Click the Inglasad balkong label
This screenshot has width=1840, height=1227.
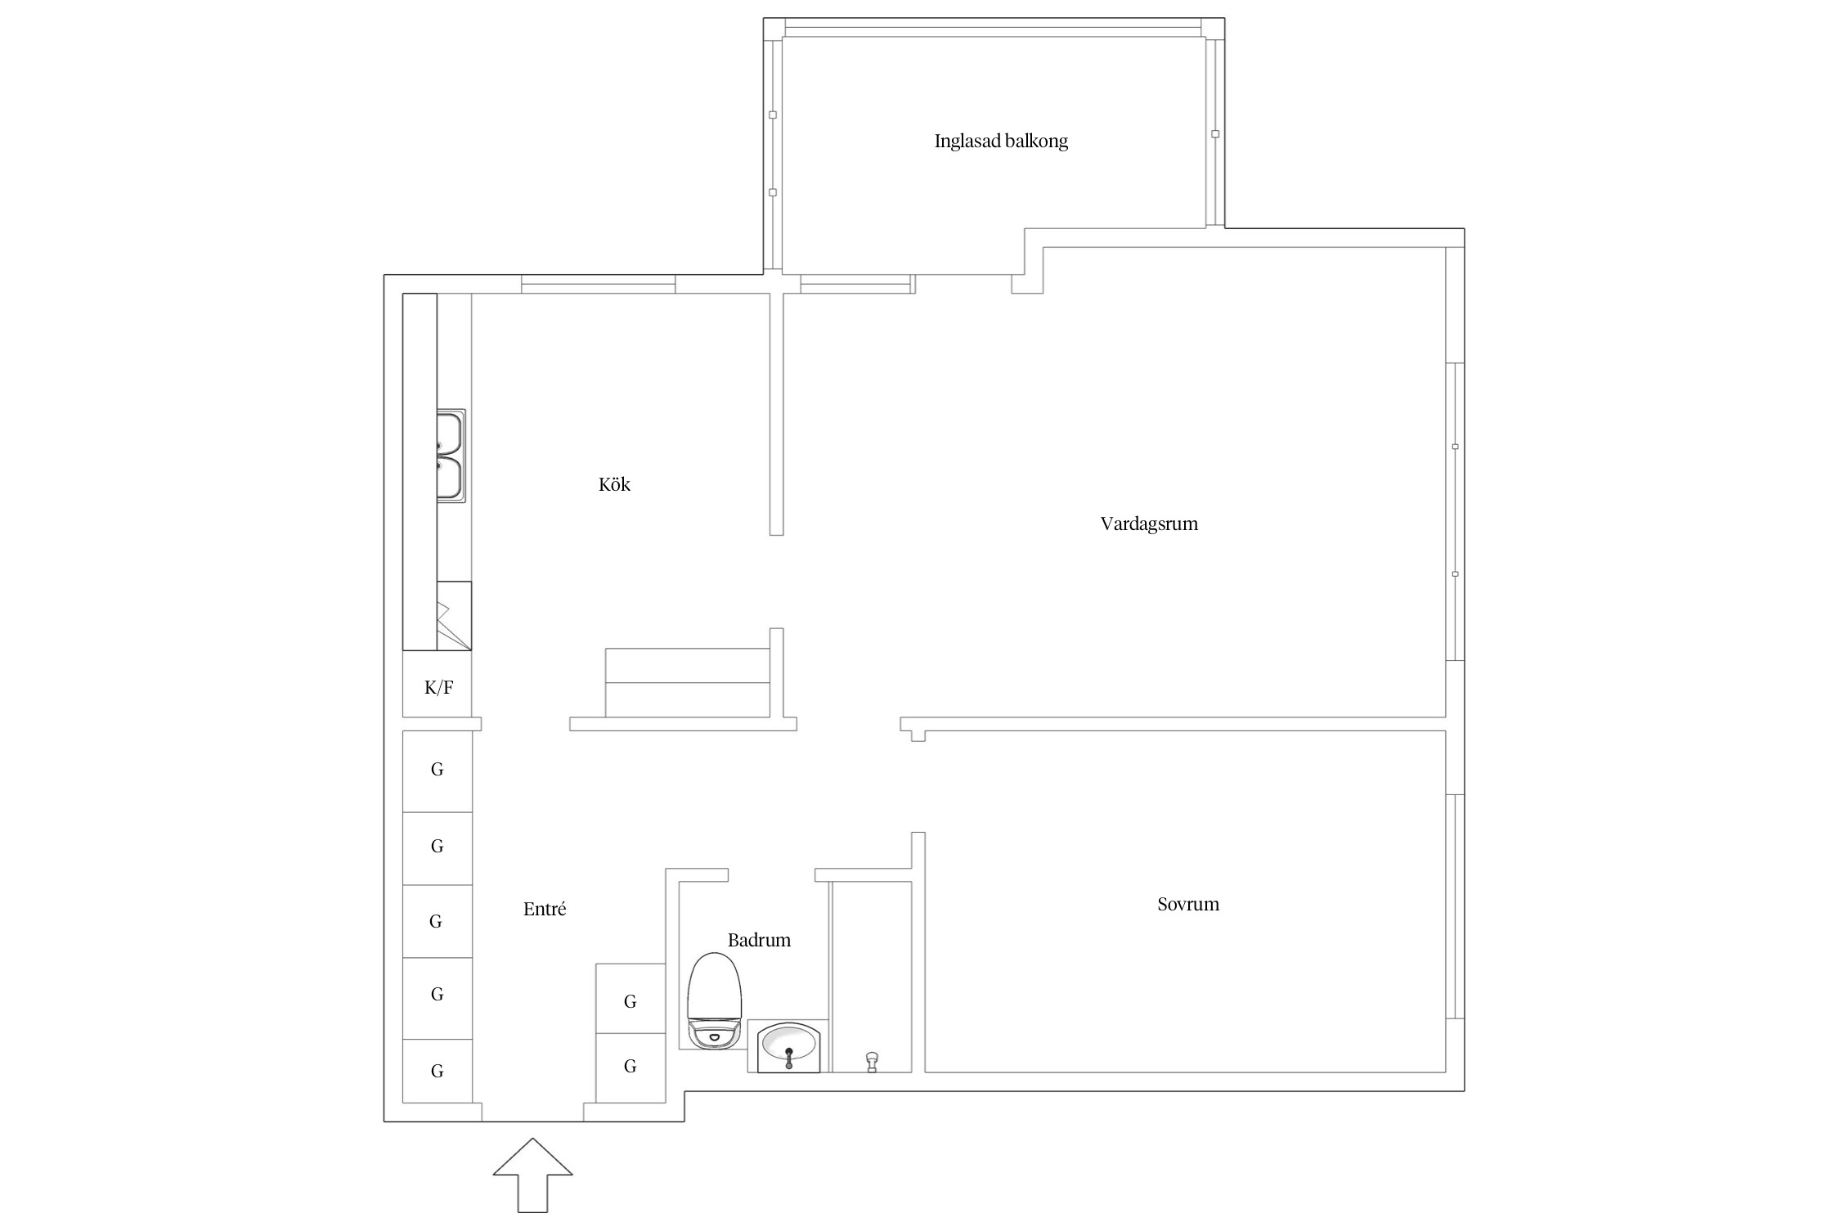1001,142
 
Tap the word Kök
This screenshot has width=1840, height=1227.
614,485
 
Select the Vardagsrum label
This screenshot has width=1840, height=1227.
1149,524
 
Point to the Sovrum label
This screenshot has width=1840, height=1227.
1188,905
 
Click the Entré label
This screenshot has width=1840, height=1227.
545,910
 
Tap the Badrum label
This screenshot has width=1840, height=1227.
759,941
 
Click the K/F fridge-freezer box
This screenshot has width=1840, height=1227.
438,686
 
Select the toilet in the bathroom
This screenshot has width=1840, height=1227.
714,1002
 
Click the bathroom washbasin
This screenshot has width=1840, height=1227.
788,1046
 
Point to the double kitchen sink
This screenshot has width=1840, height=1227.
451,456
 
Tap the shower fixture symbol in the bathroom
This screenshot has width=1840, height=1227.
872,1062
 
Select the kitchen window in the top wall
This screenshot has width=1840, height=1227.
598,285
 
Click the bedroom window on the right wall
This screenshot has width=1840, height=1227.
1455,906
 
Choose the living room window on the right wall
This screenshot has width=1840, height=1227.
1455,511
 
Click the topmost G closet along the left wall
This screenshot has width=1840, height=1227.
438,771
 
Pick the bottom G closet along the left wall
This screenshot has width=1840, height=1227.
438,1071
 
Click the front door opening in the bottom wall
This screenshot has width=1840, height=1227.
532,1112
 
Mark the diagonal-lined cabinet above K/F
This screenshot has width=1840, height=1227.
454,616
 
